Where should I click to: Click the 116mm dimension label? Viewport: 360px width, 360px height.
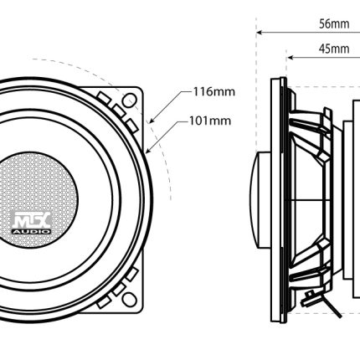(214, 91)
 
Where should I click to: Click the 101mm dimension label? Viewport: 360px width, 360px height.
(210, 121)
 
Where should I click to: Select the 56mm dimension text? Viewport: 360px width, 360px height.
(334, 23)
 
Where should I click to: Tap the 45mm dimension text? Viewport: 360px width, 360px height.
(334, 49)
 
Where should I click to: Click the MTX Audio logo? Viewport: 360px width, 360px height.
(32, 223)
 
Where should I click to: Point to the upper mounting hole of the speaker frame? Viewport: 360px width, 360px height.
(130, 100)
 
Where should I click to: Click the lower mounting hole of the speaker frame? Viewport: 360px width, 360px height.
(130, 299)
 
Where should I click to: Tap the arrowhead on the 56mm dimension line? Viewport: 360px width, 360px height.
(259, 33)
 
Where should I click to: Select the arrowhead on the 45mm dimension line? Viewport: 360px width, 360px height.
(291, 58)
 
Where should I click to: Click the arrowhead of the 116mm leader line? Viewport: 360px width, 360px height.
(152, 121)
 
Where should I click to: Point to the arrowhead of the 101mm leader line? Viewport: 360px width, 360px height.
(148, 151)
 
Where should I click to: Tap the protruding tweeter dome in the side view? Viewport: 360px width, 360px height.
(260, 199)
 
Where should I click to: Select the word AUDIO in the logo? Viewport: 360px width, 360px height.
(32, 231)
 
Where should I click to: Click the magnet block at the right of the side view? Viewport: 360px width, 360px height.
(357, 199)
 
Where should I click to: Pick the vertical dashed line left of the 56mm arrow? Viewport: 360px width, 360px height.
(256, 84)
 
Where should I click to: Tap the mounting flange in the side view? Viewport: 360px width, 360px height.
(279, 200)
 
